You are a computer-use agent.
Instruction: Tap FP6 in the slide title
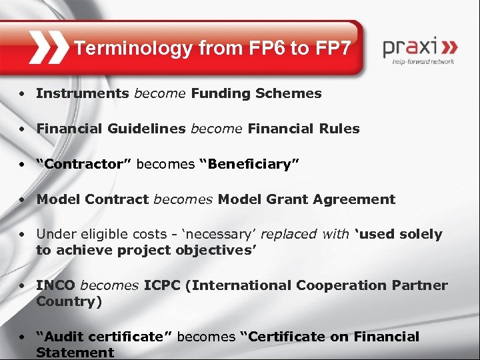click(x=253, y=48)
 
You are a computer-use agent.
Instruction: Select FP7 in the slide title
click(x=326, y=48)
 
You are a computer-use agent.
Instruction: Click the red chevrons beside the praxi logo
click(x=450, y=48)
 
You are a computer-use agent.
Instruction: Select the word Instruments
click(x=83, y=93)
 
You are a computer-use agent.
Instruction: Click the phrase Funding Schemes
click(x=256, y=93)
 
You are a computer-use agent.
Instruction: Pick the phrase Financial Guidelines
click(x=111, y=129)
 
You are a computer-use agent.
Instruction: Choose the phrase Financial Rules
click(x=303, y=129)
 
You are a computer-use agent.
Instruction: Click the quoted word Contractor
click(x=84, y=164)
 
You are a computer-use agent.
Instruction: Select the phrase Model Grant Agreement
click(x=307, y=199)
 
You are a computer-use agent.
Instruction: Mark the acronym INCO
click(x=56, y=285)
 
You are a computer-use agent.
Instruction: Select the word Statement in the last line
click(x=75, y=352)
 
